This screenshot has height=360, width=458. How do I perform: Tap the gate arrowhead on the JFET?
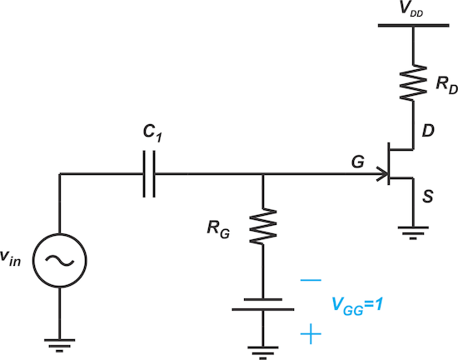[383, 175]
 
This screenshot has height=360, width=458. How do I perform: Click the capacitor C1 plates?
[148, 175]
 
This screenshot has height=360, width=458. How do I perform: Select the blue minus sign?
[310, 281]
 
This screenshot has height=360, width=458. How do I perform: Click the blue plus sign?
[310, 335]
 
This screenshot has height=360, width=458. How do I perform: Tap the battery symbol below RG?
[263, 304]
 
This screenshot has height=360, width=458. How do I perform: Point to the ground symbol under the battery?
[263, 351]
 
